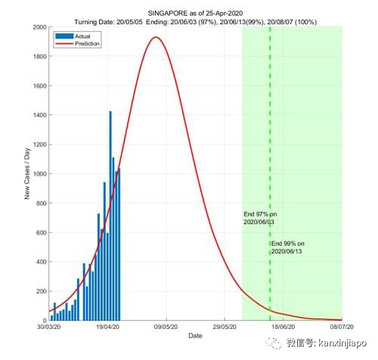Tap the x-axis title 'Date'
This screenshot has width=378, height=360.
click(195, 337)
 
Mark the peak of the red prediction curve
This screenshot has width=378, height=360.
click(156, 37)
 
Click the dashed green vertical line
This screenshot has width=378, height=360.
click(270, 151)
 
